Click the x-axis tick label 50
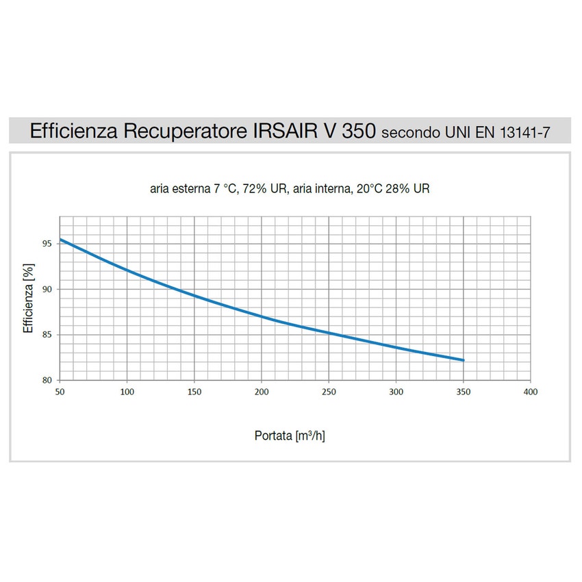pyautogui.click(x=60, y=392)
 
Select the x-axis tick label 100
pyautogui.click(x=127, y=392)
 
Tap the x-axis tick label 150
pyautogui.click(x=194, y=392)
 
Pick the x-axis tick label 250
pyautogui.click(x=329, y=392)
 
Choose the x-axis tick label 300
pyautogui.click(x=396, y=392)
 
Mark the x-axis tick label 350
pyautogui.click(x=464, y=392)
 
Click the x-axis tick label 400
pyautogui.click(x=531, y=392)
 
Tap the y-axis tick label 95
pyautogui.click(x=48, y=244)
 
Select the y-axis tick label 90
pyautogui.click(x=48, y=289)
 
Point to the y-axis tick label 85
pyautogui.click(x=48, y=335)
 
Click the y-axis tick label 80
pyautogui.click(x=48, y=380)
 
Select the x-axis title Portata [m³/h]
pyautogui.click(x=290, y=435)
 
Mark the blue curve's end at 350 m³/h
pyautogui.click(x=464, y=360)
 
